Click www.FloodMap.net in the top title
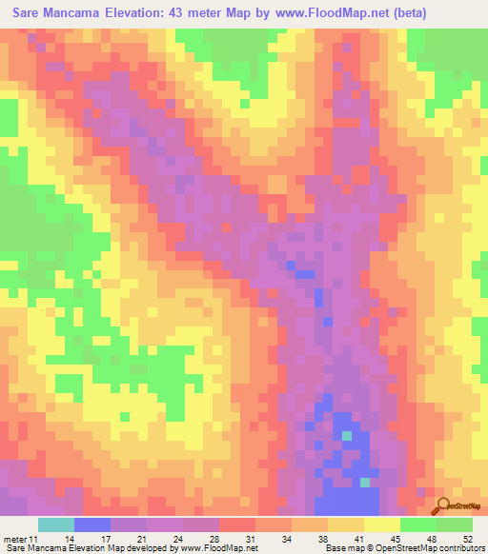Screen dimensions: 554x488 point(324,13)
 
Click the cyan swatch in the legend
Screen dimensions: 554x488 point(55,524)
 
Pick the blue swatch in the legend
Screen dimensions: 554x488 point(91,524)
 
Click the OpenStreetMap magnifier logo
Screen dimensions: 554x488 point(441,506)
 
